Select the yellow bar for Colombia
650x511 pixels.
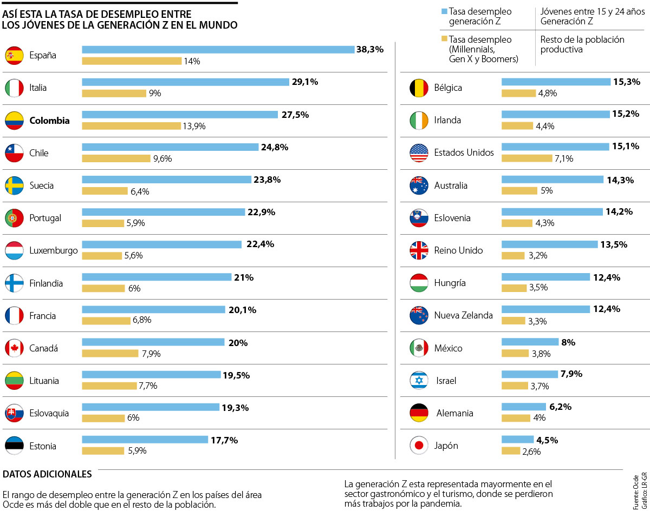(131, 126)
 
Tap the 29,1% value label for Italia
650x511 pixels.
(305, 82)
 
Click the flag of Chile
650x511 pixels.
(14, 153)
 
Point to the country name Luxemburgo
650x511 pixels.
(54, 251)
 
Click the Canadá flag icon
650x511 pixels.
(14, 348)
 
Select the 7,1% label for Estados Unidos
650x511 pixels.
(548, 158)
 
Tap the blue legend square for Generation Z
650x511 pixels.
(444, 11)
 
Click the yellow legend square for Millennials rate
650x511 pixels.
(444, 39)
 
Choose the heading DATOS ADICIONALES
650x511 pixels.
(47, 474)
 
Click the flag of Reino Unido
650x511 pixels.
(419, 250)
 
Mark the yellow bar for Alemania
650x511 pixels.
(516, 418)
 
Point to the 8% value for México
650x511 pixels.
(568, 342)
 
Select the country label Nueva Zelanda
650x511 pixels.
(463, 315)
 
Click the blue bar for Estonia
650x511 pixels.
(145, 440)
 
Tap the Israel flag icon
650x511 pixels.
(419, 381)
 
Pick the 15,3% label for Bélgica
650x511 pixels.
(627, 82)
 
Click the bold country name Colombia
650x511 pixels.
(49, 121)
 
